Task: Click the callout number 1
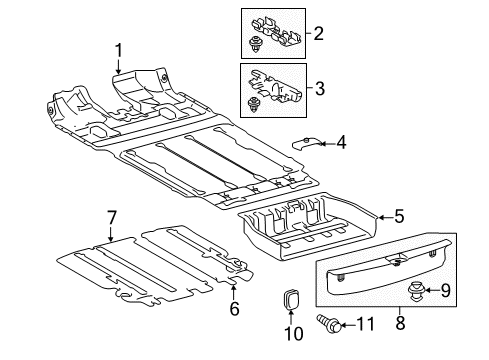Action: pyautogui.click(x=118, y=51)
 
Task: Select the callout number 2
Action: pyautogui.click(x=318, y=33)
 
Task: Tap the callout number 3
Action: pyautogui.click(x=319, y=89)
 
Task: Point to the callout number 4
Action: pyautogui.click(x=341, y=143)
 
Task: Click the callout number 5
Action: pyautogui.click(x=399, y=216)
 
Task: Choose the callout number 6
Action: pyautogui.click(x=234, y=308)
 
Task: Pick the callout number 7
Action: pyautogui.click(x=111, y=218)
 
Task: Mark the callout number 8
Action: pyautogui.click(x=400, y=322)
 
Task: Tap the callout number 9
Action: pyautogui.click(x=445, y=290)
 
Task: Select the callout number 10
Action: pyautogui.click(x=294, y=333)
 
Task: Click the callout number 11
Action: pyautogui.click(x=366, y=324)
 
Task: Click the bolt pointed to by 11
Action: pyautogui.click(x=329, y=324)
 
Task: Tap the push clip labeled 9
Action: pyautogui.click(x=416, y=291)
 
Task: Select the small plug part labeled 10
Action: pyautogui.click(x=291, y=299)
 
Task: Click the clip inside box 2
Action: pyautogui.click(x=255, y=45)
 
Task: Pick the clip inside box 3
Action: pyautogui.click(x=254, y=104)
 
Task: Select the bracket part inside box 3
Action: pyautogui.click(x=274, y=85)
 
